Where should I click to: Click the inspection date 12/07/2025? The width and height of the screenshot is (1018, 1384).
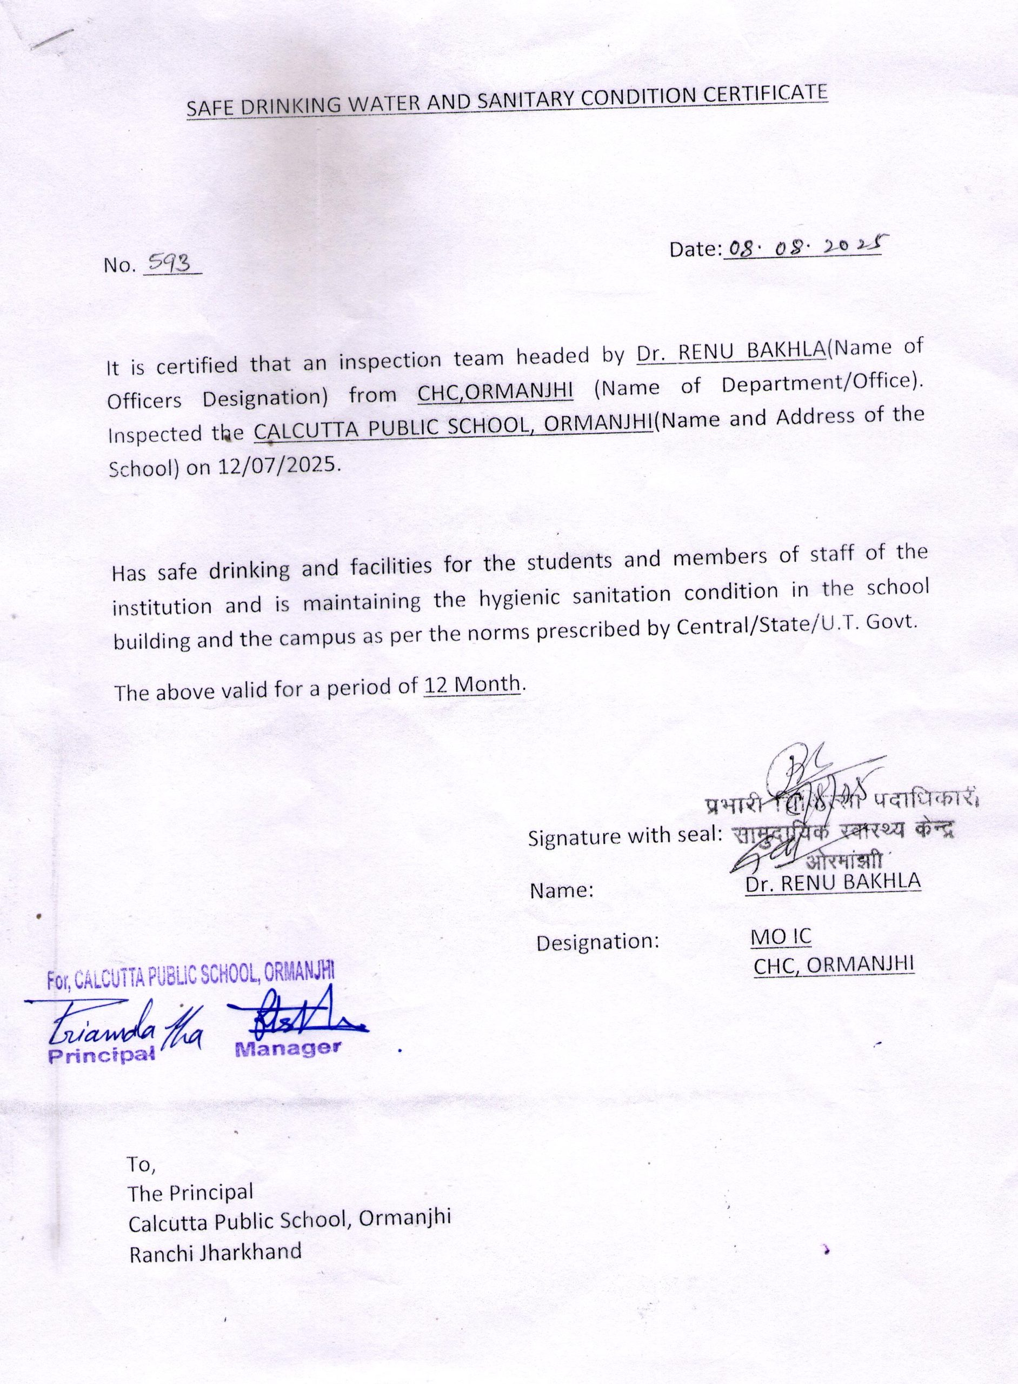[278, 466]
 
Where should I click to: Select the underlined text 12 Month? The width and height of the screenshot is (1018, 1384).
[473, 685]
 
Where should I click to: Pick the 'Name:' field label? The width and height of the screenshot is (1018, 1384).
[561, 890]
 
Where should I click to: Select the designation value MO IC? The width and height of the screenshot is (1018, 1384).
[781, 937]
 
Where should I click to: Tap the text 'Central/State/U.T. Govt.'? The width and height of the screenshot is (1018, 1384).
[797, 624]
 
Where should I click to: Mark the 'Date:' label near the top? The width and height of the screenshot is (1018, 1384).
[695, 250]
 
